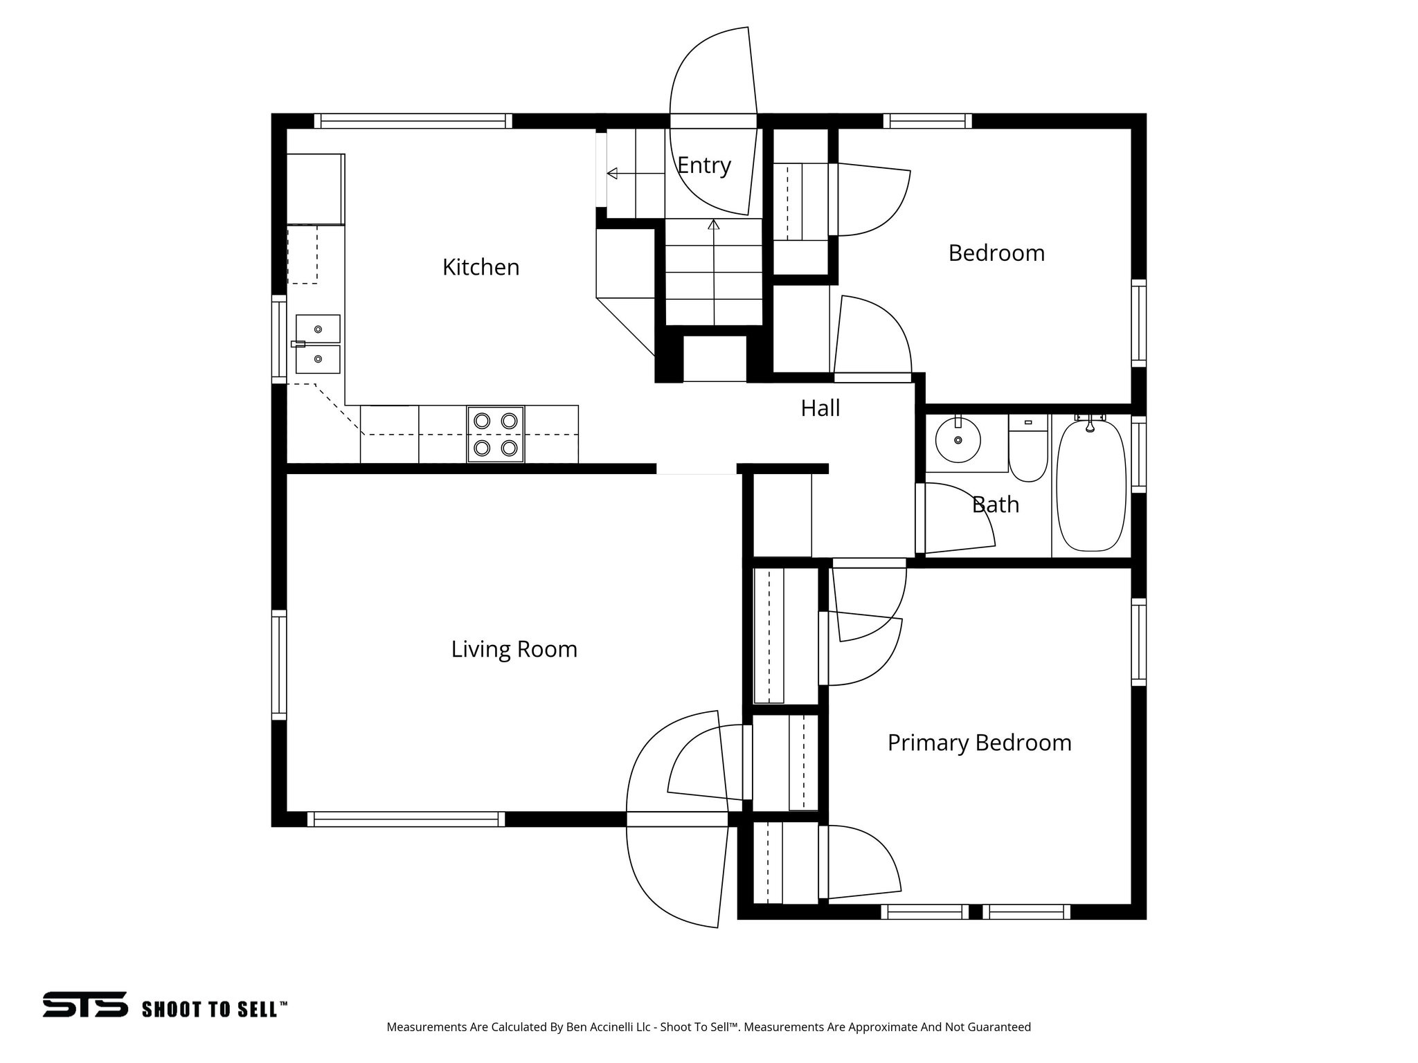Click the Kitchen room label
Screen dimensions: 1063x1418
click(481, 267)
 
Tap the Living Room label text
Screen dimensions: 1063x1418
click(514, 649)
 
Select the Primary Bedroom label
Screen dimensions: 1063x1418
click(979, 743)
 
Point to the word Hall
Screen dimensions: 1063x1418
click(820, 408)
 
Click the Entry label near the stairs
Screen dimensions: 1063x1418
click(703, 165)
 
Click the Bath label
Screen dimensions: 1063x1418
click(995, 505)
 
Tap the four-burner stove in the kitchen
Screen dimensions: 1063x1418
click(496, 435)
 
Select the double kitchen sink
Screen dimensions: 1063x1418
click(318, 344)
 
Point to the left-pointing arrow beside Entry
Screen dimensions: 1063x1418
click(612, 173)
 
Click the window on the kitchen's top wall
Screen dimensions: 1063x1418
click(413, 121)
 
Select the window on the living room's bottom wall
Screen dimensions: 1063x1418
click(406, 819)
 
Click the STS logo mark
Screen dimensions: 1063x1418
click(85, 1004)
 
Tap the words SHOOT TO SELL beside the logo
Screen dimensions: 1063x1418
click(214, 1009)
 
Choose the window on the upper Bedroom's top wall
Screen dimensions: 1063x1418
click(927, 121)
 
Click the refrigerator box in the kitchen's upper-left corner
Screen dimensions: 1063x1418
click(315, 189)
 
